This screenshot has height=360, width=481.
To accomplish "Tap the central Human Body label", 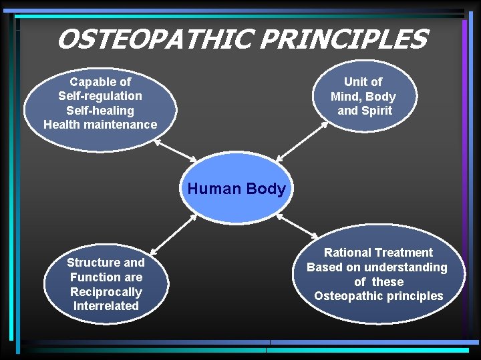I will click(236, 189).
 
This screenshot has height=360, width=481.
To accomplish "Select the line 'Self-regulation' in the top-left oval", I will click(100, 96).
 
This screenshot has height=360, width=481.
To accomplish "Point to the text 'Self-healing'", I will click(100, 111).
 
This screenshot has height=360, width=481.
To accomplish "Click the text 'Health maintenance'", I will click(100, 125).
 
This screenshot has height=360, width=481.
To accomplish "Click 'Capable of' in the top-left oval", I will click(100, 82).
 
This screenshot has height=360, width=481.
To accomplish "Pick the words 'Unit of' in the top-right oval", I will click(363, 82).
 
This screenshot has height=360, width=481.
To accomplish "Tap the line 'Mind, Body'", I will click(363, 97).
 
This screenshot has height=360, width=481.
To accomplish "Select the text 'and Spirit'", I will click(364, 111).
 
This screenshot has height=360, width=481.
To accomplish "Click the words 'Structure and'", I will click(106, 263).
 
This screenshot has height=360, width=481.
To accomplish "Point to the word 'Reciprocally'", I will click(106, 292).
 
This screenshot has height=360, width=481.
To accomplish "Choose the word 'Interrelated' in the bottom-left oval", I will click(106, 306).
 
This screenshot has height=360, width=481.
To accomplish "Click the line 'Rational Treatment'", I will click(378, 253).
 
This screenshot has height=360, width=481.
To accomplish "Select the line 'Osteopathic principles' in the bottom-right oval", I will click(378, 296).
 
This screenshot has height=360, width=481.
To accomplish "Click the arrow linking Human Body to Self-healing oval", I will click(177, 150).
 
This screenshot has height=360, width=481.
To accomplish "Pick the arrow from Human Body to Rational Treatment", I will click(297, 226).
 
